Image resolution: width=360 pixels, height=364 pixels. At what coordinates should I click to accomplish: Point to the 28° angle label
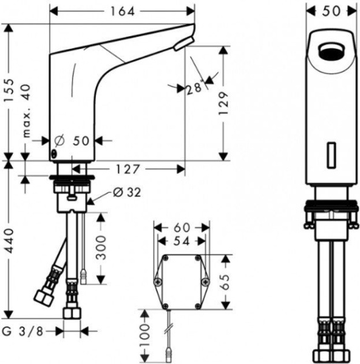[x=195, y=88]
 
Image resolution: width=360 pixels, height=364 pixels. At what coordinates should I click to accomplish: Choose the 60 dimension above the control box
[x=182, y=227]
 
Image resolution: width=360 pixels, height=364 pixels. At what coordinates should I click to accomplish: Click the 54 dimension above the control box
[x=182, y=241]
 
